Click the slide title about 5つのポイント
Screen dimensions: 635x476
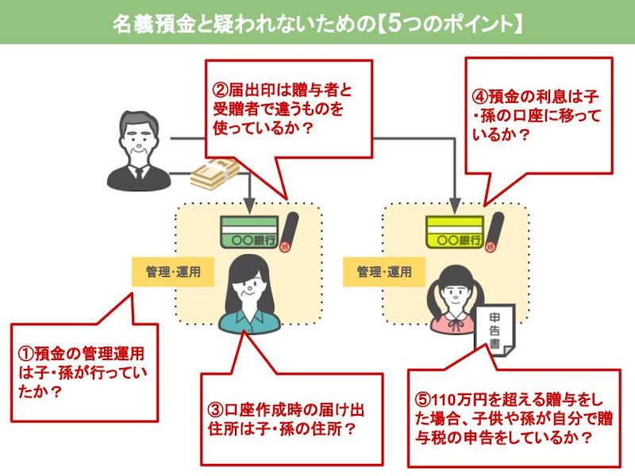[318, 24]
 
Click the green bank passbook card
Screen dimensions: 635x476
[249, 232]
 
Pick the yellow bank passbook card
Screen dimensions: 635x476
[455, 232]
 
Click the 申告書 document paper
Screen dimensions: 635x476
[495, 331]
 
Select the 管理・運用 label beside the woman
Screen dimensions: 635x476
[173, 271]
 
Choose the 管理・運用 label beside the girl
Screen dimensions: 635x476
[384, 271]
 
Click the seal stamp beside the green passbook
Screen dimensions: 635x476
[288, 232]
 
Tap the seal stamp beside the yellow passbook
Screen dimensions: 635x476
[494, 232]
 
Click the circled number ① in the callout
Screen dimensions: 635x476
[26, 353]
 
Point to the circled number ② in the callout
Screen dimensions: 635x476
[221, 90]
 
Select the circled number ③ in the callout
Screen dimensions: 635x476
[215, 410]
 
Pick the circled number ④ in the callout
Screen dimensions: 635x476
[480, 97]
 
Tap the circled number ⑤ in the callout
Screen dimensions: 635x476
[423, 400]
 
